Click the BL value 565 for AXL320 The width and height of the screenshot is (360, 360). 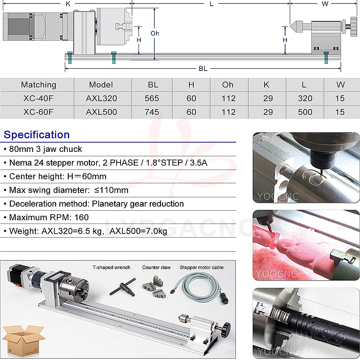pyautogui.click(x=152, y=99)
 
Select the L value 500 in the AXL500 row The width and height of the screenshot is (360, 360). pyautogui.click(x=305, y=112)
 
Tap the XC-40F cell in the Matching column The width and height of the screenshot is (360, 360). pyautogui.click(x=38, y=99)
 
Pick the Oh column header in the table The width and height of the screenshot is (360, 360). pyautogui.click(x=228, y=85)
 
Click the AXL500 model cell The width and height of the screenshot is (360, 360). pyautogui.click(x=101, y=112)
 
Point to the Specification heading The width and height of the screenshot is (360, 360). pyautogui.click(x=36, y=135)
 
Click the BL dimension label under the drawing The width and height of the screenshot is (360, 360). pyautogui.click(x=203, y=68)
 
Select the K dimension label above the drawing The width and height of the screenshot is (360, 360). pyautogui.click(x=68, y=4)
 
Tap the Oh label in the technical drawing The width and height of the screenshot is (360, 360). pyautogui.click(x=155, y=33)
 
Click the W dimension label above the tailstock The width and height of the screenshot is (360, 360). pyautogui.click(x=325, y=4)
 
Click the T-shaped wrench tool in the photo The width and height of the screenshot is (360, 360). pyautogui.click(x=123, y=287)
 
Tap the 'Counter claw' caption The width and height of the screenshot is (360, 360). pyautogui.click(x=156, y=267)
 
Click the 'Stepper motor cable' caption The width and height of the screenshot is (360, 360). pyautogui.click(x=202, y=267)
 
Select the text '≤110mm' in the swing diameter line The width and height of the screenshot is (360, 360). pyautogui.click(x=111, y=190)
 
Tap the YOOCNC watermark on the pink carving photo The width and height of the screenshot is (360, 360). pyautogui.click(x=276, y=274)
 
